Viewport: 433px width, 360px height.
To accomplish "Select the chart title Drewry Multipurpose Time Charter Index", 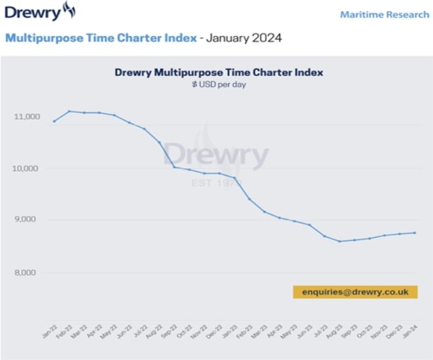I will click(218, 72).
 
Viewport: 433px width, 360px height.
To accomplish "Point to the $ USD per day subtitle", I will click(218, 84).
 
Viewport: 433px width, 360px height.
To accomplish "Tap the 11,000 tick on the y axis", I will click(26, 117).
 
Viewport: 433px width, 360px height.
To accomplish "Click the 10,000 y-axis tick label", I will click(26, 168).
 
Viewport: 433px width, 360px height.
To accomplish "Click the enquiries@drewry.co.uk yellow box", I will click(355, 292).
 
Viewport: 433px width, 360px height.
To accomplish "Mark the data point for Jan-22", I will click(54, 121).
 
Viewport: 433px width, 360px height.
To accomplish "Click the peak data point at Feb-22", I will click(69, 111).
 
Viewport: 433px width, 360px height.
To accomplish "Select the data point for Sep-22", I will click(174, 167).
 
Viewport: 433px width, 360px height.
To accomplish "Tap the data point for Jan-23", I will click(234, 178).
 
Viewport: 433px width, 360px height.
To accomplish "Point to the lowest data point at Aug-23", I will click(339, 242).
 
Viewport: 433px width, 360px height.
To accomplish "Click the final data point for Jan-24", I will click(415, 233).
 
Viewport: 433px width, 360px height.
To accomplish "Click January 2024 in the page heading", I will click(244, 37).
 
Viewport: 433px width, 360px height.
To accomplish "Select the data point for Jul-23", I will click(324, 236).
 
